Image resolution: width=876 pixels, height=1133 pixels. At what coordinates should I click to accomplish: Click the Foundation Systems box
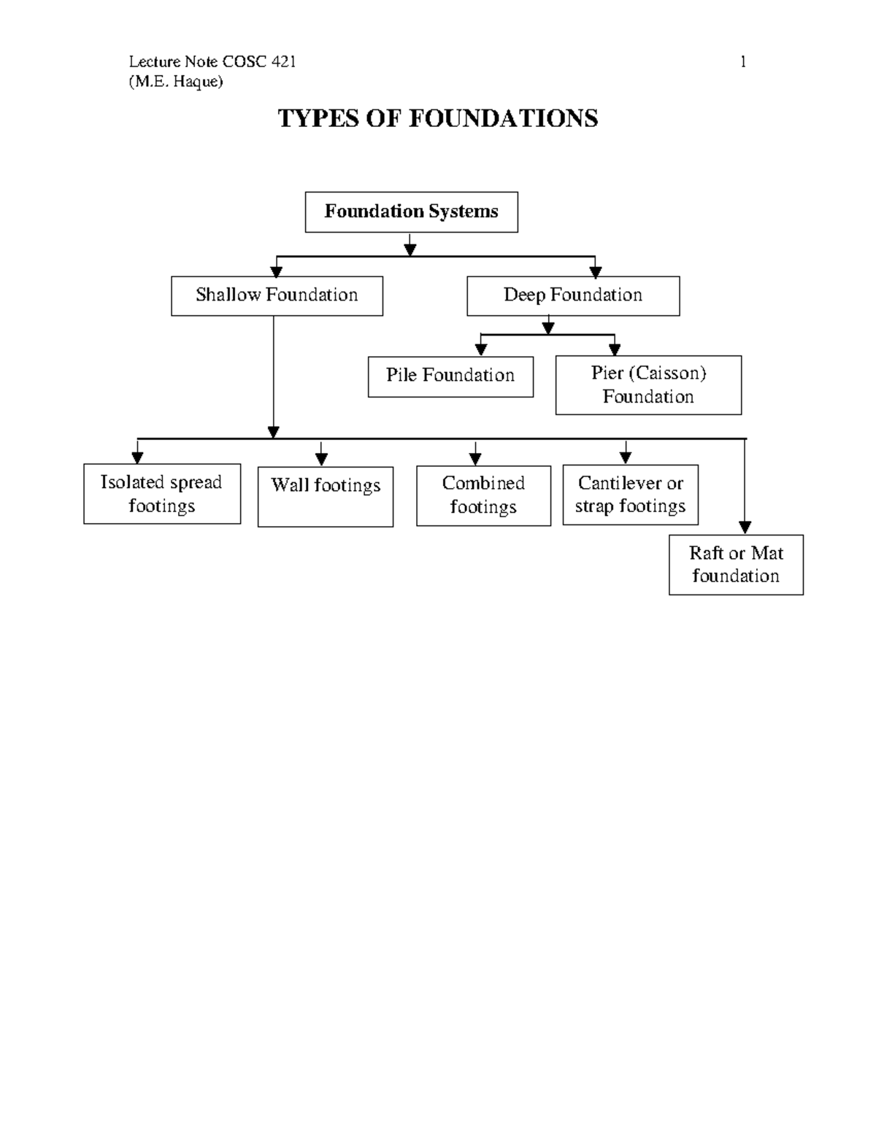pos(411,212)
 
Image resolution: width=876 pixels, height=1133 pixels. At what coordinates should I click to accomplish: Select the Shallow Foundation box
pos(277,295)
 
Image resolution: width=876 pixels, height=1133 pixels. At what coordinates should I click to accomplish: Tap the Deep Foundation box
pos(573,295)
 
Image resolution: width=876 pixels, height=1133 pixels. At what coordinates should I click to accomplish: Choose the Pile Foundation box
pos(450,376)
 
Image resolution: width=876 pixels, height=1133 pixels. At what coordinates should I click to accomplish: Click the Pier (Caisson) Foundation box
pos(648,385)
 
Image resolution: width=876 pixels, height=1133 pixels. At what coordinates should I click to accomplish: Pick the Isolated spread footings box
pos(162,494)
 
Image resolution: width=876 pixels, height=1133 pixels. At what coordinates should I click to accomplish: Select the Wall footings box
pos(326,496)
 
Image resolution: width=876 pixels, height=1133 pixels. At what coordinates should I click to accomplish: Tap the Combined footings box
pos(483,495)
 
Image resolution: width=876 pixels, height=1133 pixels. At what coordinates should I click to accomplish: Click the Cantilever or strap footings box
pos(630,495)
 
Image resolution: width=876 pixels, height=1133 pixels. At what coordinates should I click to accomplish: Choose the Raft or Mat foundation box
pos(736,565)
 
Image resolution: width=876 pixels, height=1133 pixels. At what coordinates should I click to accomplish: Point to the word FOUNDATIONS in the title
pos(503,118)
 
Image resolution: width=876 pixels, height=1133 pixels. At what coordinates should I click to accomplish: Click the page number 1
pos(743,62)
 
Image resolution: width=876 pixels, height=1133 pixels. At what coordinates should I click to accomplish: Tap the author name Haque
pos(197,81)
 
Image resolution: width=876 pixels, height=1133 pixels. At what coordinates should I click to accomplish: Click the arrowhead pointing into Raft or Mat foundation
pos(745,527)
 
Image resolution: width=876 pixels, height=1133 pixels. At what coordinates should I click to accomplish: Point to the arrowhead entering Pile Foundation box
pos(481,349)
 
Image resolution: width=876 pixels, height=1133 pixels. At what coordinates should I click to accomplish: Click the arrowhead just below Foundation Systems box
pos(410,250)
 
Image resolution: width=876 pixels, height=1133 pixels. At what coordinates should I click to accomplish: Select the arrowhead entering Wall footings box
pos(321,459)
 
